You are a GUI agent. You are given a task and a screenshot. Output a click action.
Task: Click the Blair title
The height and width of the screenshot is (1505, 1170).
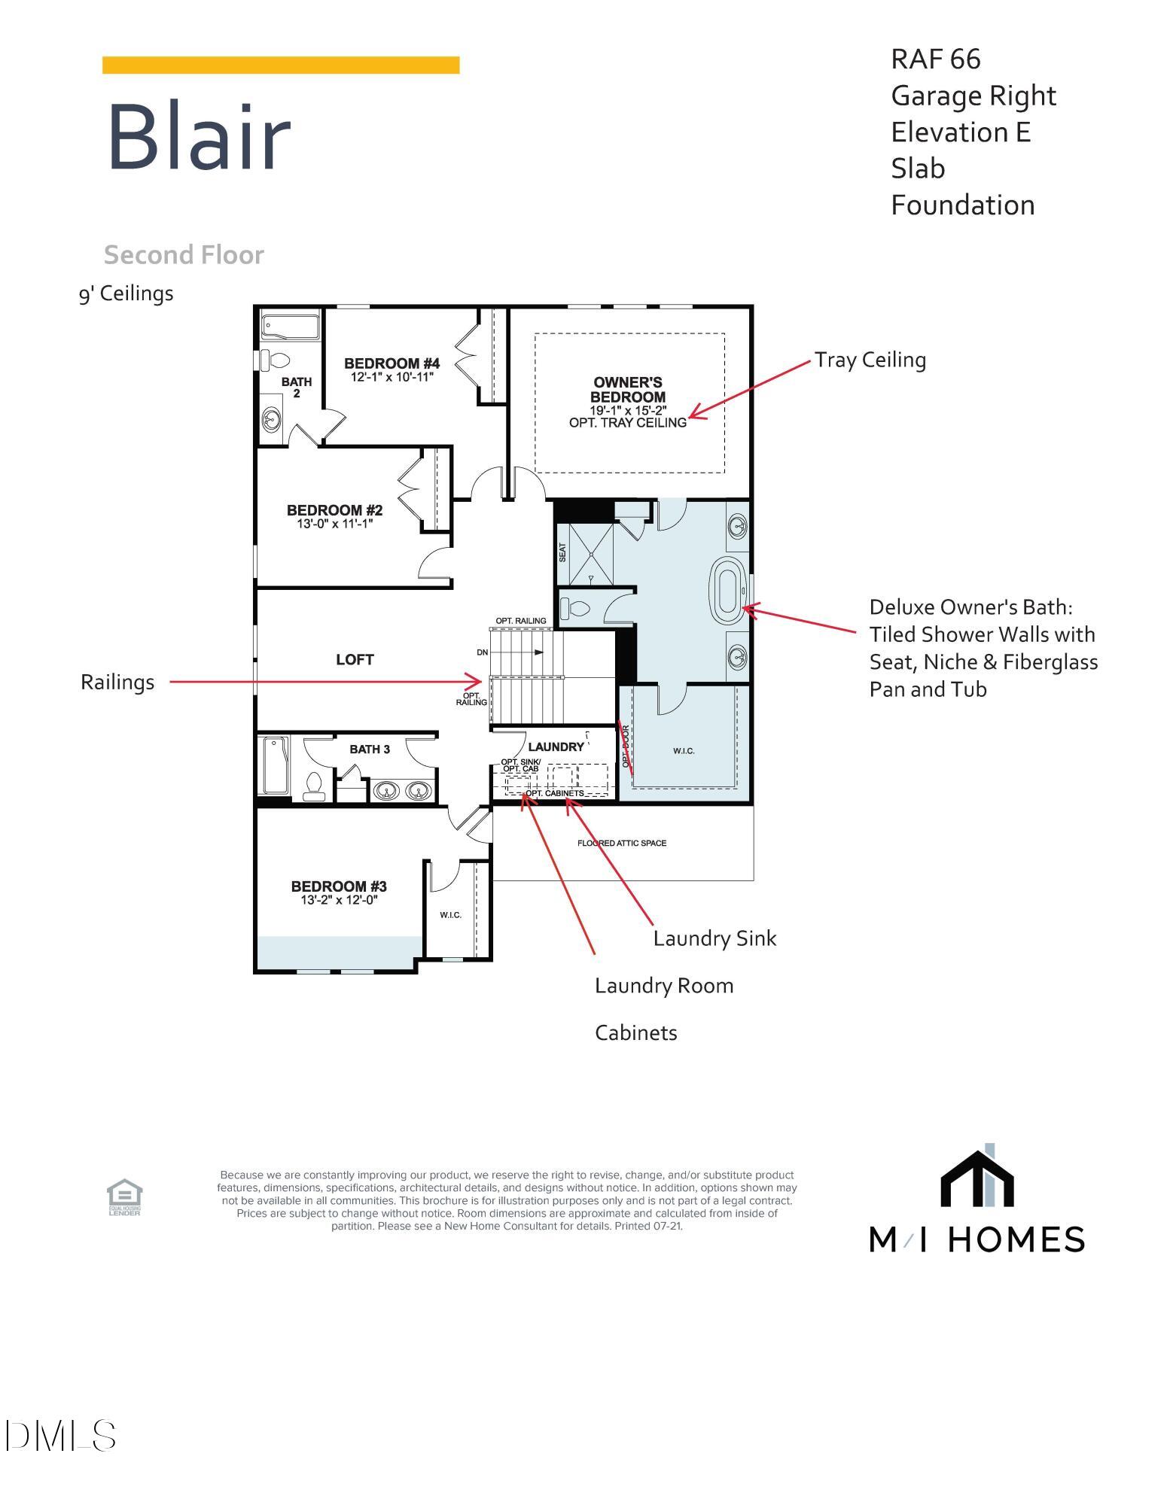(x=199, y=138)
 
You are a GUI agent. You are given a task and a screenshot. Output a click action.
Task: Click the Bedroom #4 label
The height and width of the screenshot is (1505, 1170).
(x=392, y=363)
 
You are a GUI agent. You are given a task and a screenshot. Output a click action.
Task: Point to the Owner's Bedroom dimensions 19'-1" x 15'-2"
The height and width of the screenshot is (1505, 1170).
(x=628, y=410)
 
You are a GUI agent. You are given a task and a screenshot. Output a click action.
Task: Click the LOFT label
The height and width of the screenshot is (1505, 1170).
(x=355, y=659)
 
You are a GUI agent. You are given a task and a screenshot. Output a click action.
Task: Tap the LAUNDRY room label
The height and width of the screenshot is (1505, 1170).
(x=556, y=746)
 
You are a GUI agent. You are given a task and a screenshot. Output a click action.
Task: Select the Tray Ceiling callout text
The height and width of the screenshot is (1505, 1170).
(x=870, y=360)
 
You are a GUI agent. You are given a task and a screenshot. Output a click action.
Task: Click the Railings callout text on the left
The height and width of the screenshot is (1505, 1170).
(x=117, y=682)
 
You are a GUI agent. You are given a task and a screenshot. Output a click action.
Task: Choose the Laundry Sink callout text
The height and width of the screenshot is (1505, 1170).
(x=714, y=938)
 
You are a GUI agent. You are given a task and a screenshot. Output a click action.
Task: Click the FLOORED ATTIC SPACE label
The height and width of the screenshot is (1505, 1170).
(x=621, y=843)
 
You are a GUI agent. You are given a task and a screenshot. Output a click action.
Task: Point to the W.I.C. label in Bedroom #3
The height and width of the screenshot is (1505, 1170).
(x=450, y=914)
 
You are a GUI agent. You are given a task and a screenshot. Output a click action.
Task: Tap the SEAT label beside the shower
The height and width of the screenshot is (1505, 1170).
(x=562, y=552)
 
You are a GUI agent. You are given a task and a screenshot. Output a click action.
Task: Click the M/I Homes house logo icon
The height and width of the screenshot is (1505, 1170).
(x=977, y=1178)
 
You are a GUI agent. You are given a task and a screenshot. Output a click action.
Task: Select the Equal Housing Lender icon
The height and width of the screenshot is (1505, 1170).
(x=124, y=1197)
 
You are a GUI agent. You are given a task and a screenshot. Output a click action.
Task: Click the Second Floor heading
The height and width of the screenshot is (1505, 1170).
(x=184, y=255)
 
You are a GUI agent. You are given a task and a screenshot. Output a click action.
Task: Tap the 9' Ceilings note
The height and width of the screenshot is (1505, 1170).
(x=126, y=293)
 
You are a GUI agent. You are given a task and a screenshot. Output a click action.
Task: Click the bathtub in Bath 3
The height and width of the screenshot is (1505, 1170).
(x=275, y=765)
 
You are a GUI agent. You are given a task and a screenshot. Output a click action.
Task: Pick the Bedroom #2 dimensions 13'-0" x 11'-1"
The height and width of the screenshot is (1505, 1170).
(x=334, y=524)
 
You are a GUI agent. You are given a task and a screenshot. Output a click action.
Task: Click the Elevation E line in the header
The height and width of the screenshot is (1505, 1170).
(x=960, y=132)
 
